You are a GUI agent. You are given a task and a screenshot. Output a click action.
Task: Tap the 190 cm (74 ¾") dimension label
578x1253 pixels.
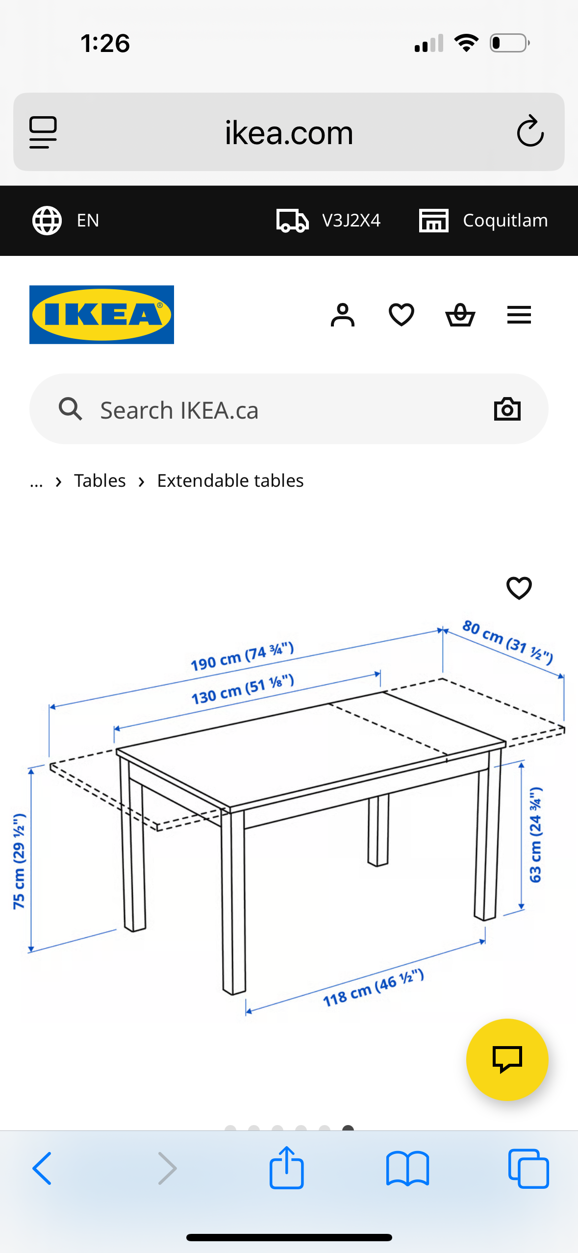coord(242,656)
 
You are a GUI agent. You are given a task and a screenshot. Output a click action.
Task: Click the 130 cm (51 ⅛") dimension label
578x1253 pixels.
coord(243,689)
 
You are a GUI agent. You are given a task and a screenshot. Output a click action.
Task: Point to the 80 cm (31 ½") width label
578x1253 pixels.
coord(508,641)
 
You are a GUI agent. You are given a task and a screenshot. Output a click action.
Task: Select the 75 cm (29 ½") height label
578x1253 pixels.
coord(19,861)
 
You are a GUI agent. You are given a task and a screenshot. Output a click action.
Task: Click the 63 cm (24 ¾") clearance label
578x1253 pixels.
coord(535,834)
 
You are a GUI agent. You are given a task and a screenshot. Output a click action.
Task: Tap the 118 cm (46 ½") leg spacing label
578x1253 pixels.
coord(373,987)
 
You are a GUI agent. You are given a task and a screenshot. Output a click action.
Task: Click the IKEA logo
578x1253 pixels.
coord(101,314)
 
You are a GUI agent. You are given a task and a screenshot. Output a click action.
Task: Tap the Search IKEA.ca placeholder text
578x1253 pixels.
coord(179,410)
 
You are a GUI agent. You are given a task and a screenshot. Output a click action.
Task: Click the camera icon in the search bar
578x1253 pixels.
coord(507,409)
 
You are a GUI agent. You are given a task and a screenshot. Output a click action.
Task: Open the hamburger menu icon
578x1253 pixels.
coord(519,315)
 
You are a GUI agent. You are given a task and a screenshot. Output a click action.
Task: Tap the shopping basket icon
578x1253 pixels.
coord(460,315)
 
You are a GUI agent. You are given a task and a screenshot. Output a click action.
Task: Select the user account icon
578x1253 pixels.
coord(342,315)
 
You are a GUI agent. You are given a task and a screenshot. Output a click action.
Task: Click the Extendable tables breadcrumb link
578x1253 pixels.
coord(230,480)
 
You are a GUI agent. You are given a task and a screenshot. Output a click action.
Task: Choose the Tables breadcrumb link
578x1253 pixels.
coord(100,480)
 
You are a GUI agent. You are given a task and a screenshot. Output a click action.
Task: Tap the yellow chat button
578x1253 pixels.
coord(507,1059)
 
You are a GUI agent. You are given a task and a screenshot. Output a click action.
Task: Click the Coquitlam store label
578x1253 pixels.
coord(505,220)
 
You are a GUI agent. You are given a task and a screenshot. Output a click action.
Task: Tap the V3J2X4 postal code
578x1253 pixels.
coord(351,220)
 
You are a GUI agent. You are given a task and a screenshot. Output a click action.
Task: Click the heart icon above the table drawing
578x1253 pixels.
coord(519,588)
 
